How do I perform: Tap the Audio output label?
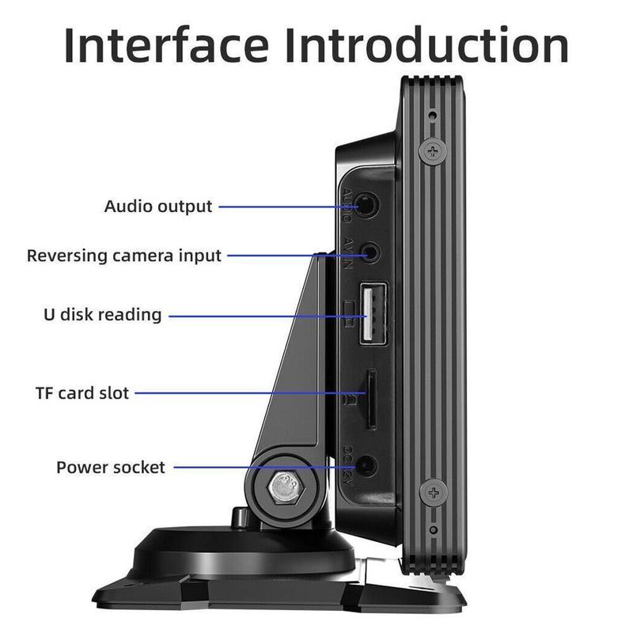158,207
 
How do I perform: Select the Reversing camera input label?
124,256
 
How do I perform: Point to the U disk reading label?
102,315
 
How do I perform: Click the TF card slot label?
81,392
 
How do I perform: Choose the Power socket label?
111,467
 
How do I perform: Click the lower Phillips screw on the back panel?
432,492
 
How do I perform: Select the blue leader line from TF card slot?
245,392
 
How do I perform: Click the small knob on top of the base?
237,517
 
